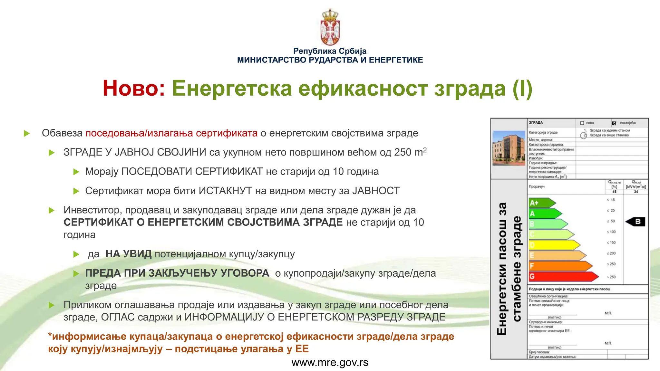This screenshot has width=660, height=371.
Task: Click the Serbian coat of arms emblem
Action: point(330,27)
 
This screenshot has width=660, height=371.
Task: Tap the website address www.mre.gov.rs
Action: point(330,363)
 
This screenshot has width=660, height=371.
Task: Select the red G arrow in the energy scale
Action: point(562,277)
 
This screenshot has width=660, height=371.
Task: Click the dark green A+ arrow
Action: point(541,203)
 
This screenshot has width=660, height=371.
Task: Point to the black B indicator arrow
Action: point(636,222)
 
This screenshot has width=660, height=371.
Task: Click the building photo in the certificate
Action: point(509,148)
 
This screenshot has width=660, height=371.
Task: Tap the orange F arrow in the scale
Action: point(559,266)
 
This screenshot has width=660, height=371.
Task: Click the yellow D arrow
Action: point(553,245)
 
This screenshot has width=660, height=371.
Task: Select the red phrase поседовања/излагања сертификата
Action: point(171,133)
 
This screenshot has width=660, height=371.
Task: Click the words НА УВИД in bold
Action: point(128,254)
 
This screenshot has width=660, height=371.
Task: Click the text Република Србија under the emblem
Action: point(330,51)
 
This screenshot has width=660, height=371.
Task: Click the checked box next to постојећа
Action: point(614,123)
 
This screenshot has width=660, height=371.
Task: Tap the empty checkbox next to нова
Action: point(582,123)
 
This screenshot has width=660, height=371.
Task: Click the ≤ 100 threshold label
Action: point(611,232)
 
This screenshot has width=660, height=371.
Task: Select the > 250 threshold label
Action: point(611,277)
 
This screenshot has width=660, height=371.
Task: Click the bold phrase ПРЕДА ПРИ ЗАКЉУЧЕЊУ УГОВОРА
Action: point(177,273)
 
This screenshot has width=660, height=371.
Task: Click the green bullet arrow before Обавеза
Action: point(27,133)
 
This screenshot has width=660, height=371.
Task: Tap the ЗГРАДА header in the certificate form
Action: point(536,123)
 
